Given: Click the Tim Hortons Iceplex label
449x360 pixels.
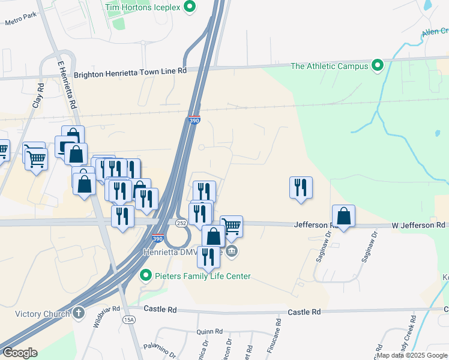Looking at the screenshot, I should pos(143,7).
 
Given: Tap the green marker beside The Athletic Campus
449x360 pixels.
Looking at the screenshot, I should pos(378,65).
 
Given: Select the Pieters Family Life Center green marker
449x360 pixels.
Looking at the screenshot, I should pos(145,276).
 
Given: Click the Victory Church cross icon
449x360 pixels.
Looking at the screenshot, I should pos(79,313).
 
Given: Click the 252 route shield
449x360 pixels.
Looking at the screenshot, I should pos(181,223).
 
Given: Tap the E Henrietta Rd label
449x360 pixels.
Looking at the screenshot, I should pos(66,84).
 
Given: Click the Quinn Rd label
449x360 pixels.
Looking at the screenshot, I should pos(209,331).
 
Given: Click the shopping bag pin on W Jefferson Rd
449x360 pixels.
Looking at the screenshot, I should pos(343,217).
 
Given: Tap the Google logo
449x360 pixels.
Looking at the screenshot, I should pos(20,353).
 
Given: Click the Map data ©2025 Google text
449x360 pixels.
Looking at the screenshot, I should pos(411,355).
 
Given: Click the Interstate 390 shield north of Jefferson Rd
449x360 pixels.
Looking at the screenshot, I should pos(194,120).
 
